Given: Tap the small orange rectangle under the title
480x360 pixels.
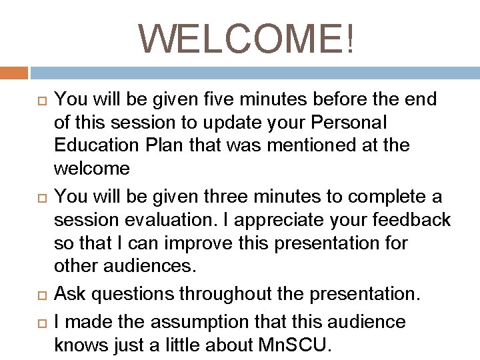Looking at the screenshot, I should click(x=14, y=73).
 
